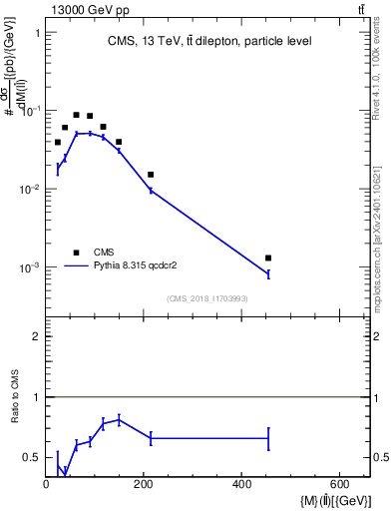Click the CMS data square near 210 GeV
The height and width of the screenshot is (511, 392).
(151, 175)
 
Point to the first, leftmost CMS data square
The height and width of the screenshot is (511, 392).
(58, 143)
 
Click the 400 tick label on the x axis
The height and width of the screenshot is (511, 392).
(242, 485)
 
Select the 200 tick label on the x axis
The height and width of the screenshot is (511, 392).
(145, 485)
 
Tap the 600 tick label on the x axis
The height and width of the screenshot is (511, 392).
(340, 485)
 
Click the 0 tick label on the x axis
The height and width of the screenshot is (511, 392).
(47, 485)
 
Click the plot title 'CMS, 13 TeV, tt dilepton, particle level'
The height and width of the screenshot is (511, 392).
(209, 41)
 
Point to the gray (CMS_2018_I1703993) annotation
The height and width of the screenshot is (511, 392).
(207, 298)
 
